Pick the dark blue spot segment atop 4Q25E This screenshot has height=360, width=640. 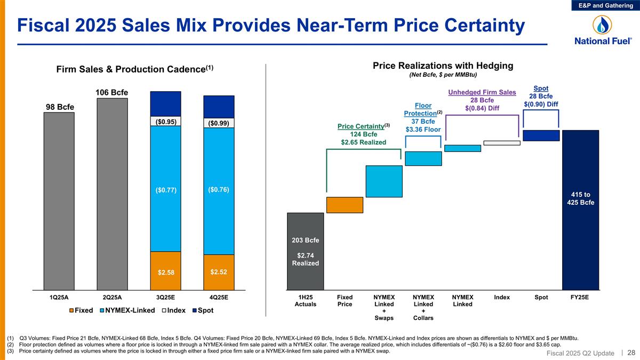pos(219,106)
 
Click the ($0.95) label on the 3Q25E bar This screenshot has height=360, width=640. pos(165,122)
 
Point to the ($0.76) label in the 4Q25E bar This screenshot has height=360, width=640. pos(219,189)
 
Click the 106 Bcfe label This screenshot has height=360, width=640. pos(112,93)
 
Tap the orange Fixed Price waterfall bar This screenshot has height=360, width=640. pos(345,205)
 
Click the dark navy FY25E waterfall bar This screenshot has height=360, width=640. pos(580,211)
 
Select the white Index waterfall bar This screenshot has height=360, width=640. pos(501,142)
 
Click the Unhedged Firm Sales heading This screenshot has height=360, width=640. pos(482,92)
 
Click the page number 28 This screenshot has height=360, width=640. pos(631,353)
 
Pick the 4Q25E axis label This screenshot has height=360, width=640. pos(219,297)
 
